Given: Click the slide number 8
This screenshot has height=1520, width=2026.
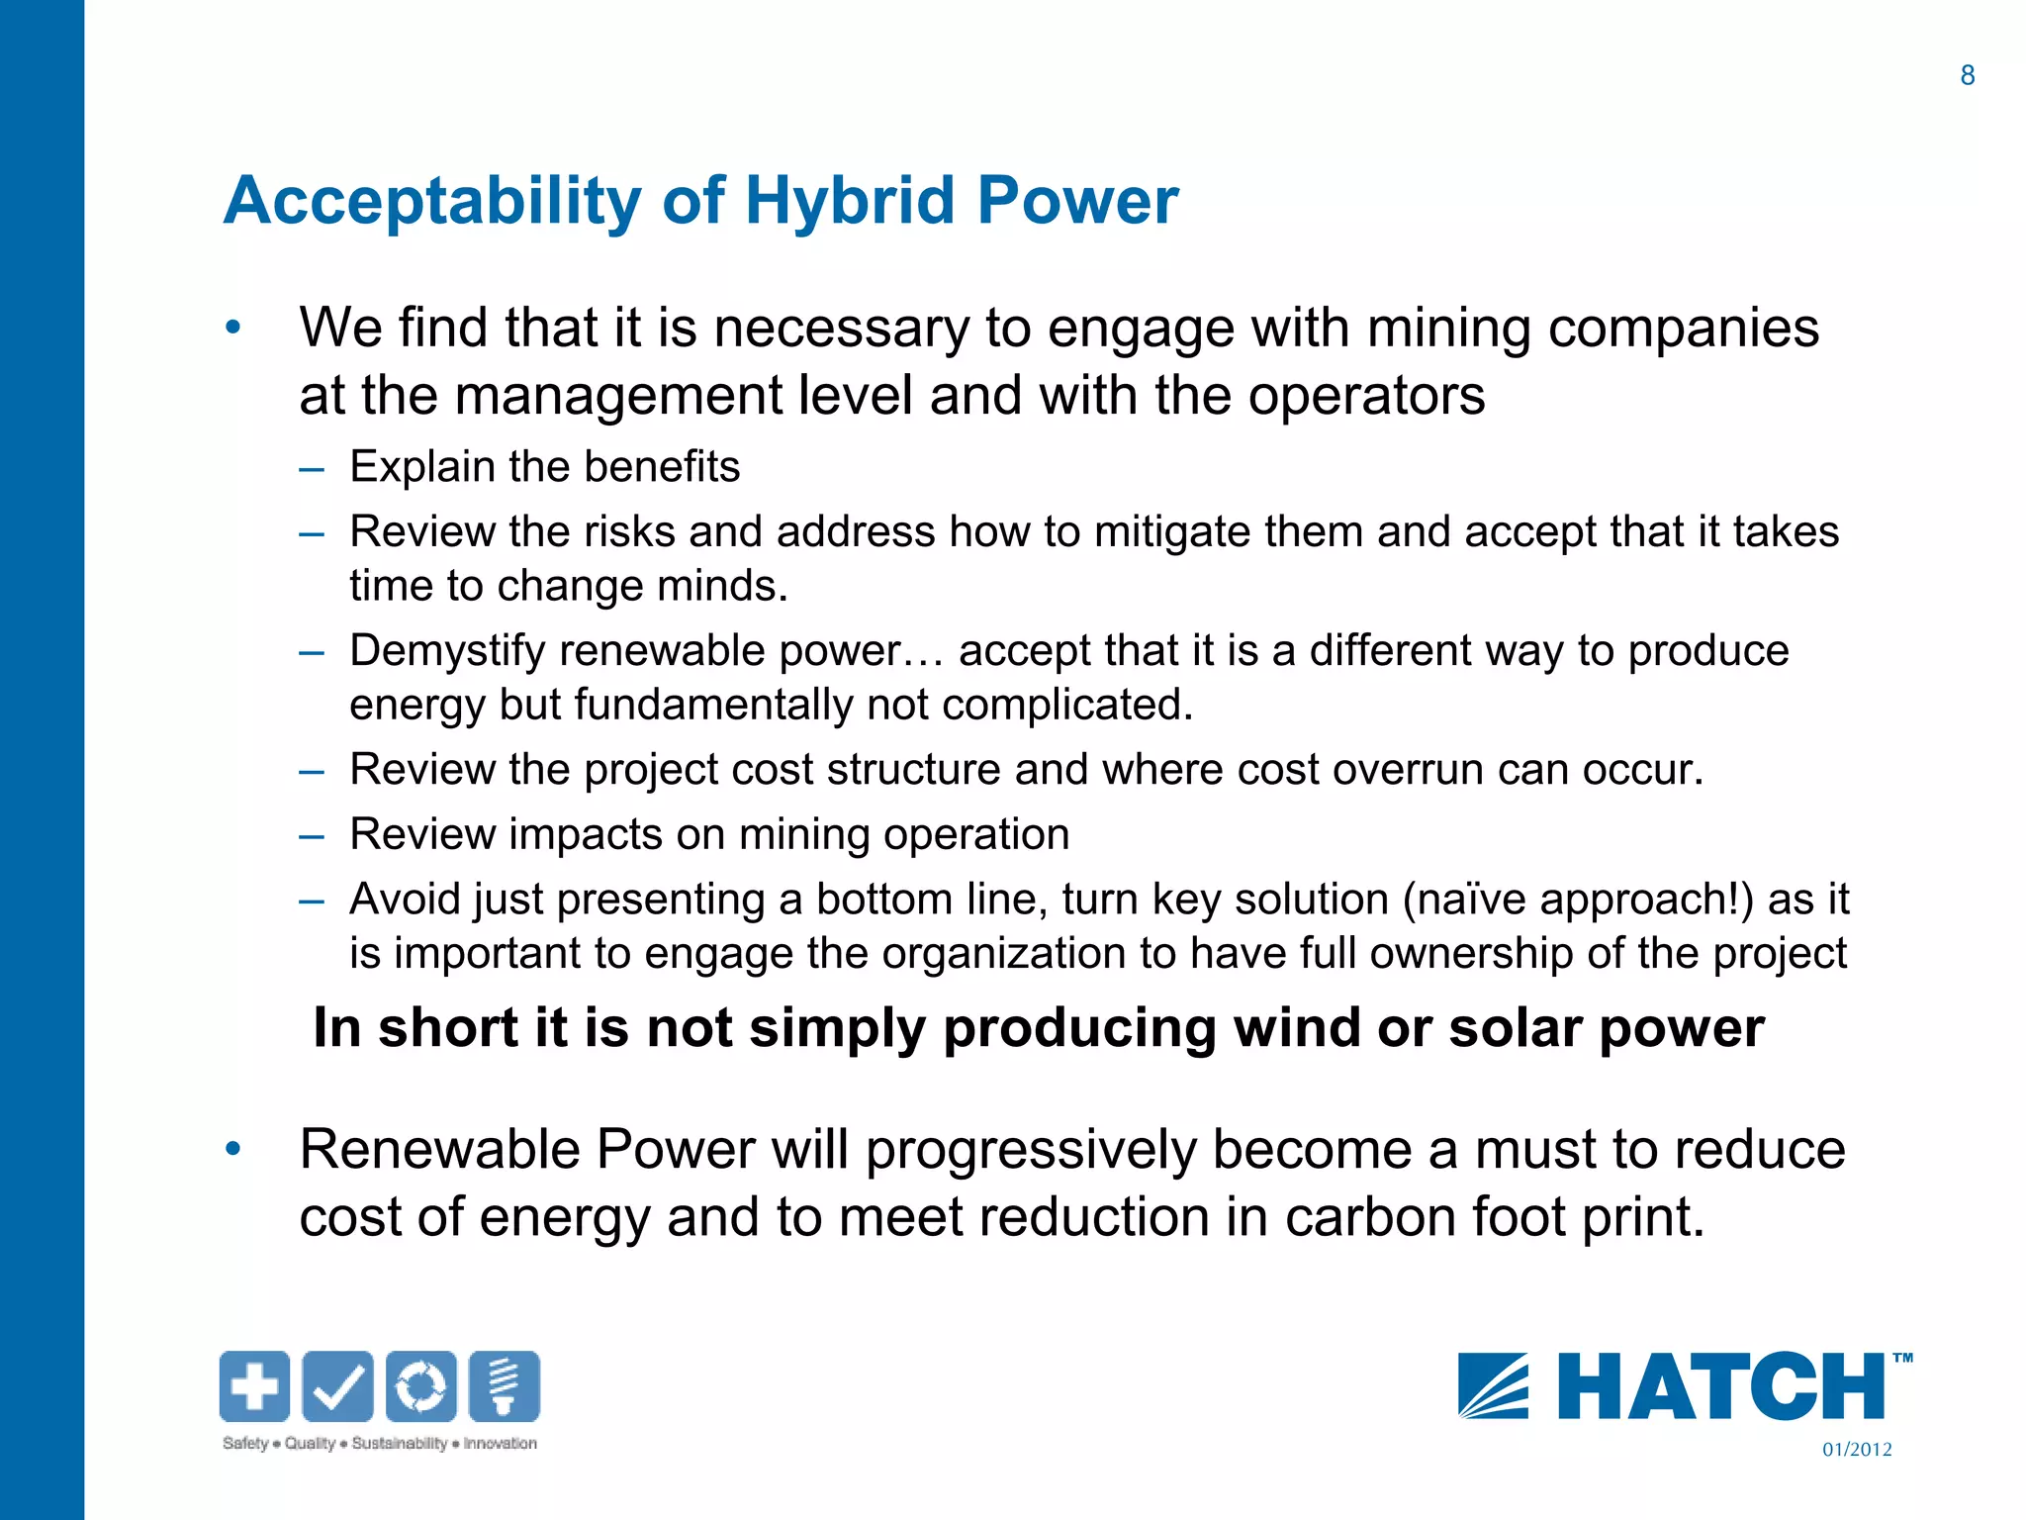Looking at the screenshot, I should (x=1967, y=75).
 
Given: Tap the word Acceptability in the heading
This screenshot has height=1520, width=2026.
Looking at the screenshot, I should (x=433, y=201).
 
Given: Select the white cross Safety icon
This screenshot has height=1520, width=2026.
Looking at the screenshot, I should (x=254, y=1385).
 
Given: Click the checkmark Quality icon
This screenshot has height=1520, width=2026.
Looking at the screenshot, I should (x=337, y=1385).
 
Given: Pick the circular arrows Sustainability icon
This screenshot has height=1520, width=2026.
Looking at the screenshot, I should (x=421, y=1385).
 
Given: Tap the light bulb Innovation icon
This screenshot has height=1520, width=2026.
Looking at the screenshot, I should (x=505, y=1385).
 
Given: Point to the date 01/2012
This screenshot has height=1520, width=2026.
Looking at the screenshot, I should (x=1857, y=1450).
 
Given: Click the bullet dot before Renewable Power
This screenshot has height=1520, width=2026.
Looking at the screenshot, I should (x=232, y=1149).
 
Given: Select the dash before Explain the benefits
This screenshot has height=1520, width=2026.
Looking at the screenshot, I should (x=312, y=468).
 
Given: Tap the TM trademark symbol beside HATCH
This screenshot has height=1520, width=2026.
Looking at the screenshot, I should (x=1901, y=1359).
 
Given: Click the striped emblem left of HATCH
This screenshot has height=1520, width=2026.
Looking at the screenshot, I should (x=1493, y=1386).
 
